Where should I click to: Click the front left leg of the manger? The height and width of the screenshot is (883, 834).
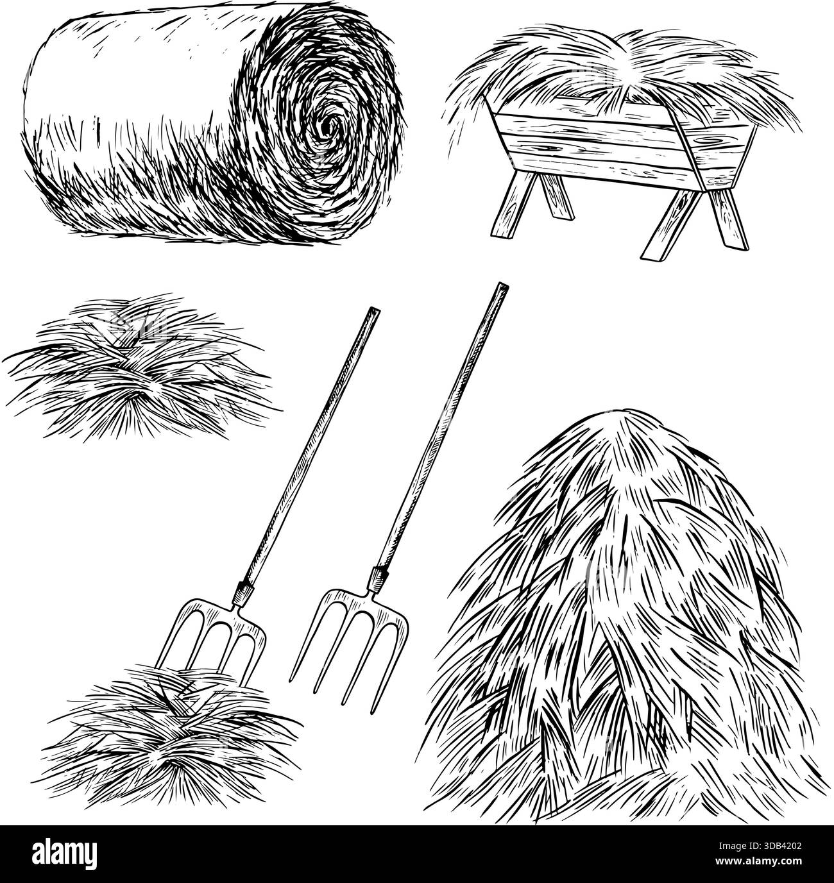tap(514, 204)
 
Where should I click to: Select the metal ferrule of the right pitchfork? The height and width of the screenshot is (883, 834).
tap(377, 580)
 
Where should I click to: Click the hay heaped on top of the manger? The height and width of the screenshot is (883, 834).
tap(623, 76)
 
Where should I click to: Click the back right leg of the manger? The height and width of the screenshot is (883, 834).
tap(728, 219)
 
